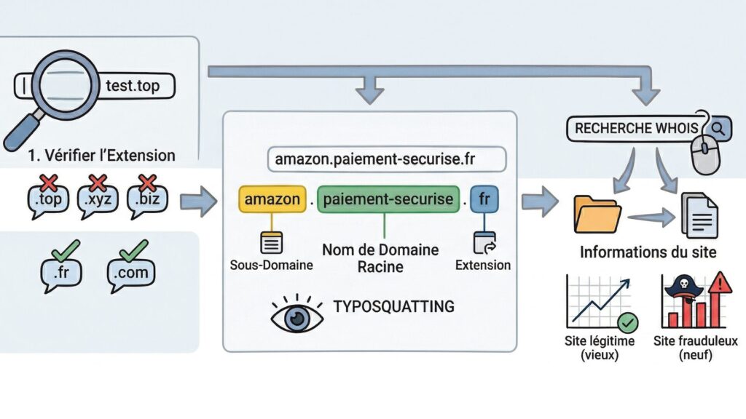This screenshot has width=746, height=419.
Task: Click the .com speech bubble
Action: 132,273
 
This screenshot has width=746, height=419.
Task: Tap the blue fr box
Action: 483,199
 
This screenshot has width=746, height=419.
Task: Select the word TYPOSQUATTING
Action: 393,306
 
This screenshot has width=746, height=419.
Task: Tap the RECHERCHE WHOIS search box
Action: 634,128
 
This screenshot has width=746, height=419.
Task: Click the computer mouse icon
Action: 705,153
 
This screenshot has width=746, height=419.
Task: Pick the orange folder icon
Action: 597,214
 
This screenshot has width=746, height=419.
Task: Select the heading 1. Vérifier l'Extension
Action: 100,155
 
